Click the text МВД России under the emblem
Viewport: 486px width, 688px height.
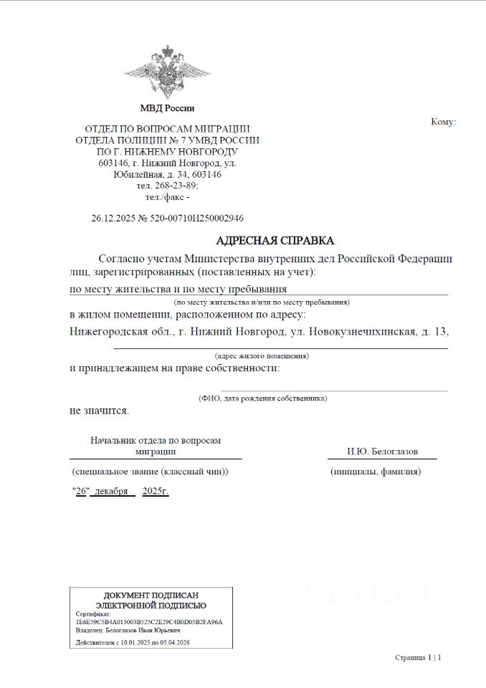[167, 108]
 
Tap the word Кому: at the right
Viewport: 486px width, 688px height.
[443, 122]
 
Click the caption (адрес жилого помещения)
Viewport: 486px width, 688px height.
[262, 355]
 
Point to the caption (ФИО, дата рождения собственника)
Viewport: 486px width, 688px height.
[262, 398]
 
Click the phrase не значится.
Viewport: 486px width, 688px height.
[99, 411]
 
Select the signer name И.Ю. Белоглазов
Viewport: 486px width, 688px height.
[382, 451]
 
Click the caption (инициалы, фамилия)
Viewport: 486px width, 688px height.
[376, 472]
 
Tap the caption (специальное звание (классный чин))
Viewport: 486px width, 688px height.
[150, 472]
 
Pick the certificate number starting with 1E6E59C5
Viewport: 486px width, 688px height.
[148, 621]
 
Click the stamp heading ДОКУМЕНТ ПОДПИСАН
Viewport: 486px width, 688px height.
[151, 596]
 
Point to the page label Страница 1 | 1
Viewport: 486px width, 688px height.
[418, 657]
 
